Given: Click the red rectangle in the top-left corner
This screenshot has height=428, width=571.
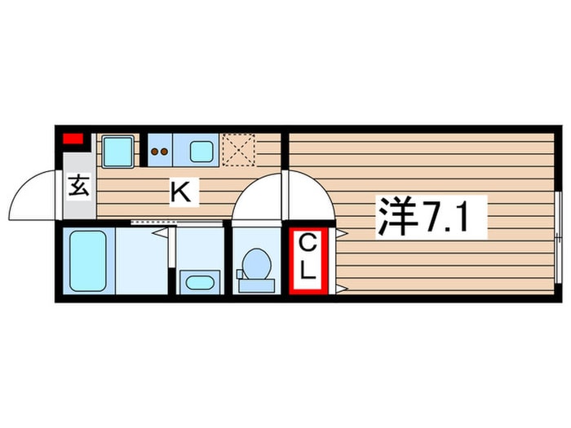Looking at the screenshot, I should (74, 139).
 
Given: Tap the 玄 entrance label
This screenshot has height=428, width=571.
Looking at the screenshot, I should (78, 187).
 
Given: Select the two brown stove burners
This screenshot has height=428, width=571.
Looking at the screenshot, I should (160, 151).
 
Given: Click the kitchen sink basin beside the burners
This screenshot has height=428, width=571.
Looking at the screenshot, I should (201, 151).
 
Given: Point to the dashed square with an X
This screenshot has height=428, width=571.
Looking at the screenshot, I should (238, 150).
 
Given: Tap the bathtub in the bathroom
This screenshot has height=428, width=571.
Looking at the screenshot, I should (88, 261).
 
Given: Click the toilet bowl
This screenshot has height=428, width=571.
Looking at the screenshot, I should (256, 265).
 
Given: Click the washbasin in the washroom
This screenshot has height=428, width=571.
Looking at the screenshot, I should (198, 282).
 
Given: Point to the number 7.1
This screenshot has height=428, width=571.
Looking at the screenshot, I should (453, 217).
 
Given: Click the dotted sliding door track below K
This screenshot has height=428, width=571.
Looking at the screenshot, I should (176, 222).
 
